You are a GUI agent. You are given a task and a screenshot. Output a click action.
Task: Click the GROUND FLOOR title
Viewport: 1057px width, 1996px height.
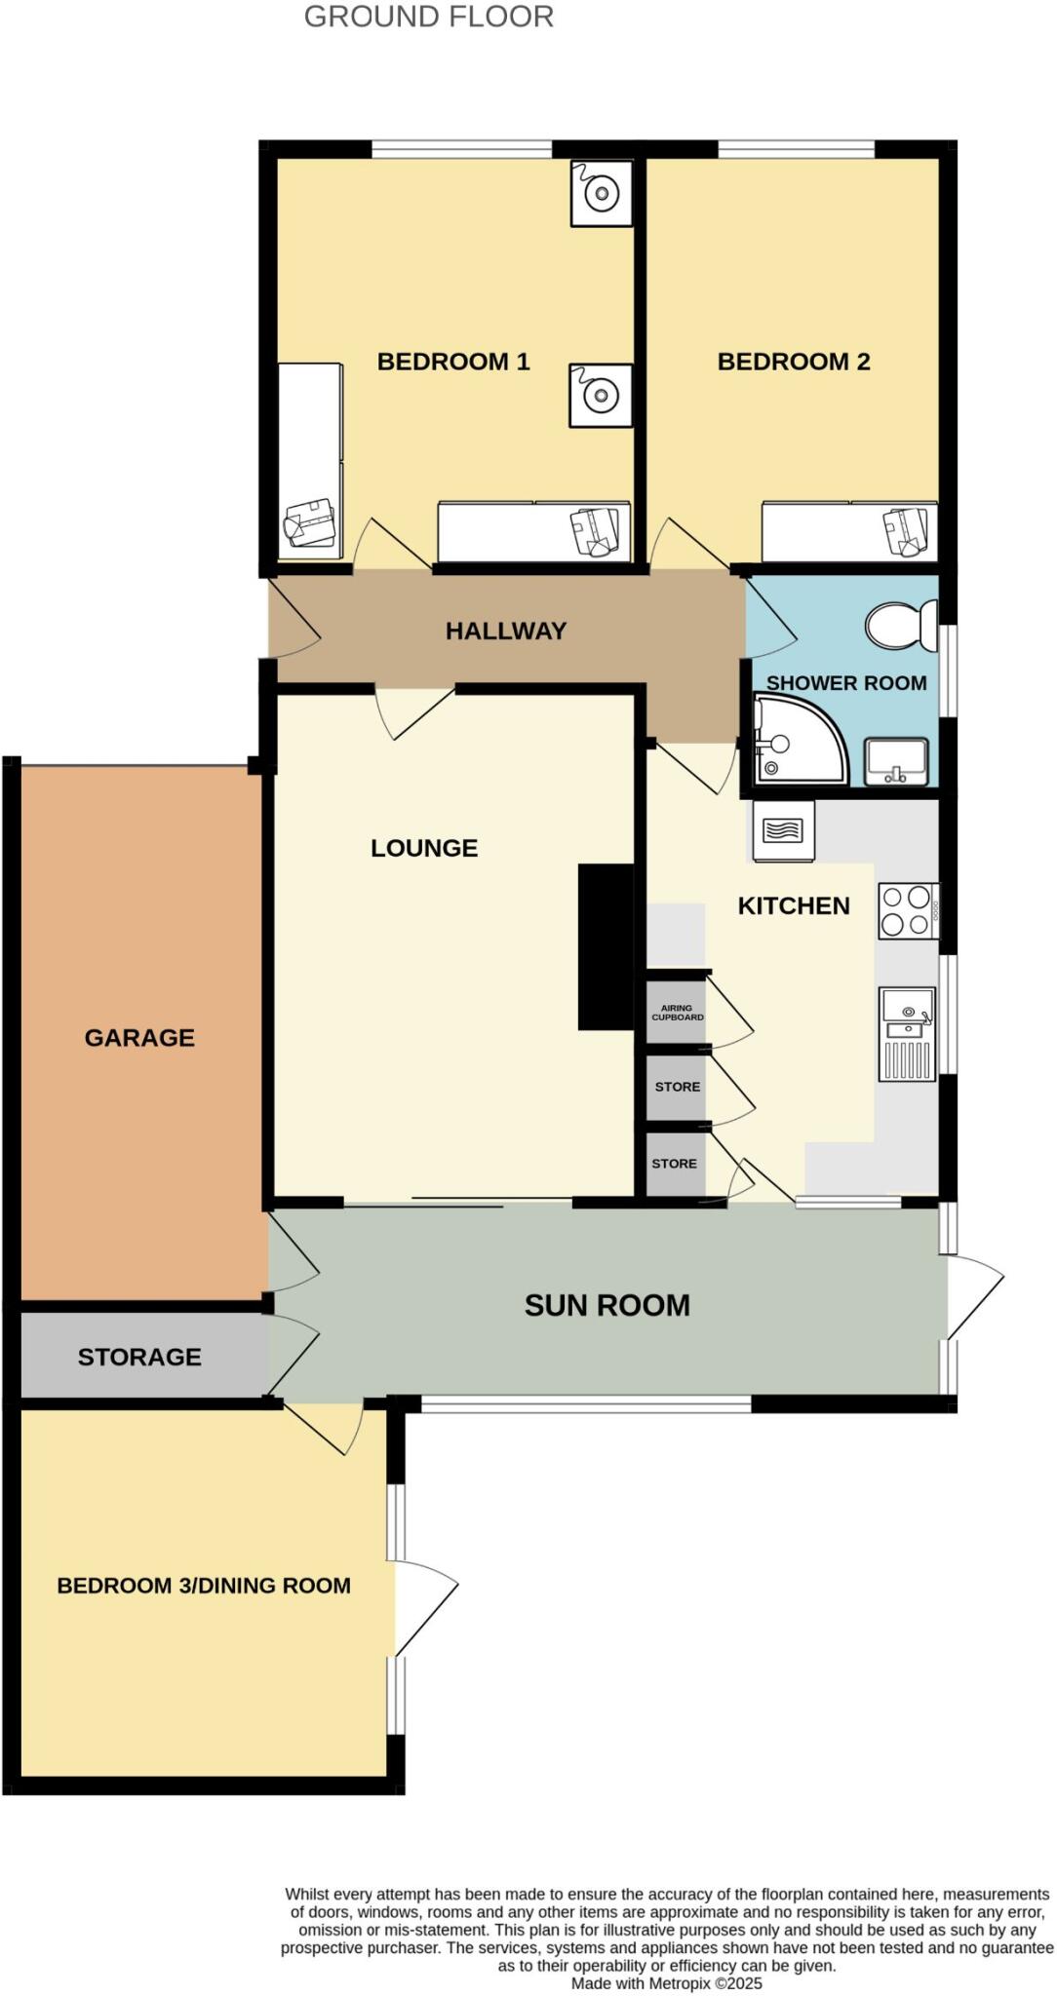[x=428, y=17]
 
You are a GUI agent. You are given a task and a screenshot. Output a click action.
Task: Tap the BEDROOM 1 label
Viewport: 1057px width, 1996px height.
[x=452, y=362]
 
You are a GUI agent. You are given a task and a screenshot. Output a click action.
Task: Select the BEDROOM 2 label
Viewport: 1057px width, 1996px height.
[x=793, y=362]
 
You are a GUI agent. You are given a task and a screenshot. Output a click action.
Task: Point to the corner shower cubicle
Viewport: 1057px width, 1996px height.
[x=796, y=740]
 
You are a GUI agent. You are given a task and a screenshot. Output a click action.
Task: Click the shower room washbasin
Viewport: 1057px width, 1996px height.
[x=896, y=761]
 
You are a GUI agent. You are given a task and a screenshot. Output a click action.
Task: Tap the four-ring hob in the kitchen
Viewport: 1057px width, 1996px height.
[x=907, y=910]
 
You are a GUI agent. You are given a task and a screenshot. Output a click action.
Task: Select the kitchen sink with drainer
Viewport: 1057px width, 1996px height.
[x=907, y=1034]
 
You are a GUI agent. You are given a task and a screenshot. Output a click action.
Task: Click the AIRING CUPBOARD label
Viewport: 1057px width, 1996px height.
[x=677, y=1013]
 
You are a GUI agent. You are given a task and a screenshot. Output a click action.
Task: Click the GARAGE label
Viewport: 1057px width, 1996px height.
[x=139, y=1037]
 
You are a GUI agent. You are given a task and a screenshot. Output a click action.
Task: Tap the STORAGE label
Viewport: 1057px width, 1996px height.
[x=139, y=1357]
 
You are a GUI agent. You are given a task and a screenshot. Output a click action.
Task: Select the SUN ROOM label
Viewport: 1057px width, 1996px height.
[x=607, y=1305]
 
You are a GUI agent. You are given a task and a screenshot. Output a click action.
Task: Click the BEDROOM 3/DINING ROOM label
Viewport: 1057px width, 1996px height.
[x=204, y=1585]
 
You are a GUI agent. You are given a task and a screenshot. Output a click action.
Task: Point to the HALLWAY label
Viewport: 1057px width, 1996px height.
[x=505, y=631]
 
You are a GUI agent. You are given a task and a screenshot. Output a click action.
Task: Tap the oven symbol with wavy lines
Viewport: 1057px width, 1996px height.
[x=783, y=831]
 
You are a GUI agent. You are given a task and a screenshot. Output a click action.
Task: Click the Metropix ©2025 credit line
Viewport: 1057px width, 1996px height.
[x=666, y=1982]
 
